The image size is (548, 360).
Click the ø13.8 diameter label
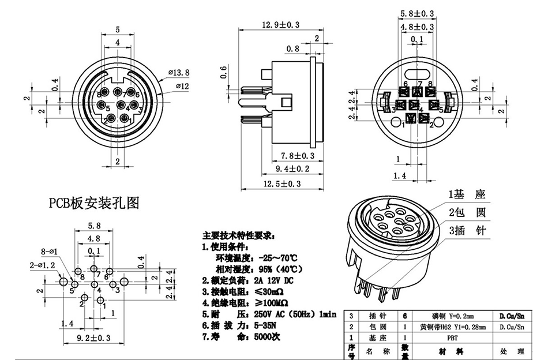[179, 72]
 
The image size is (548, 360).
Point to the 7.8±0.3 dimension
[297, 156]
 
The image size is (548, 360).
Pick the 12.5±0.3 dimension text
[282, 183]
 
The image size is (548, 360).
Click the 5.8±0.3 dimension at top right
[417, 13]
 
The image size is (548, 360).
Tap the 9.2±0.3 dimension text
[93, 338]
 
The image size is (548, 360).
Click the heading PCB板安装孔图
[93, 203]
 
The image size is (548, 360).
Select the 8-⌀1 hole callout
[51, 251]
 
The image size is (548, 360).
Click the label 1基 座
[467, 194]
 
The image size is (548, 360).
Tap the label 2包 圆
[467, 212]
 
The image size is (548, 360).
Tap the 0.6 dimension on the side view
[224, 72]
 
